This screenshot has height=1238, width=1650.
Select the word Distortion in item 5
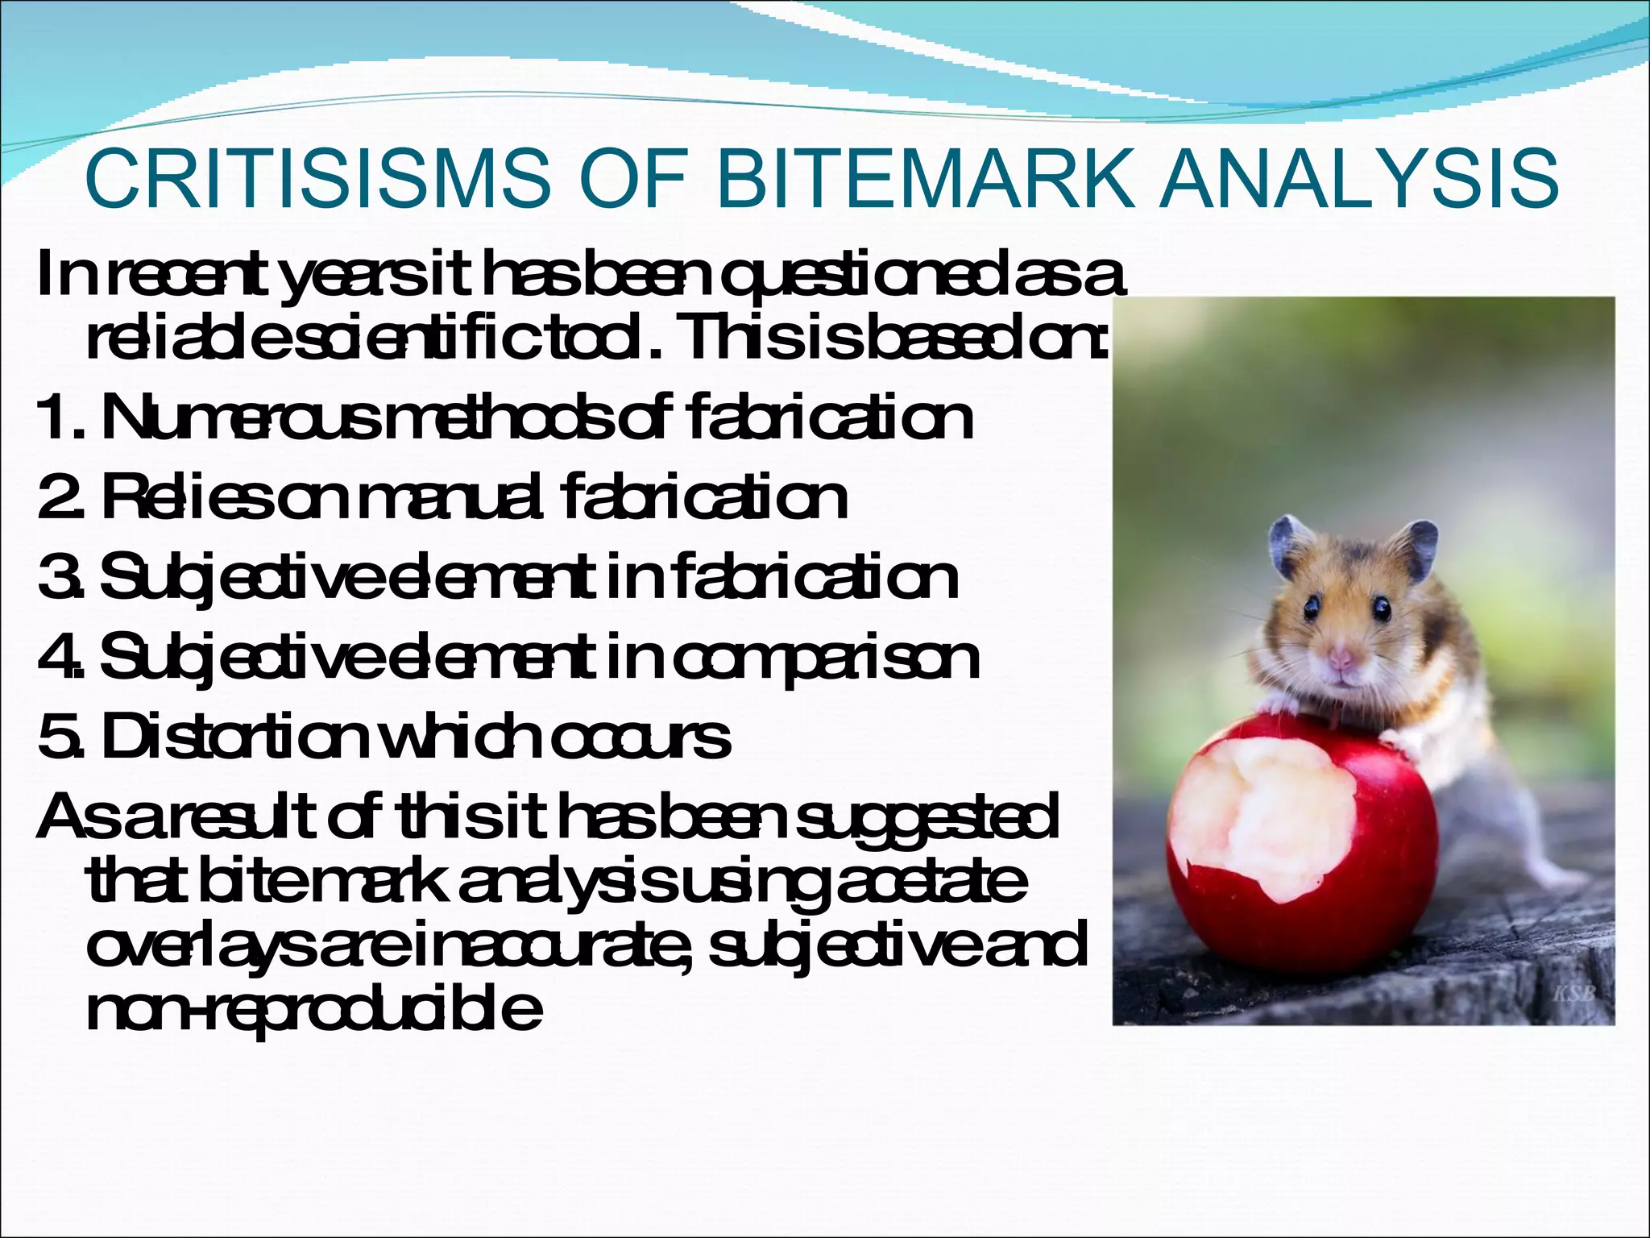pos(230,737)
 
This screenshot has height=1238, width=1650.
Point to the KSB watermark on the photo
pos(1573,993)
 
